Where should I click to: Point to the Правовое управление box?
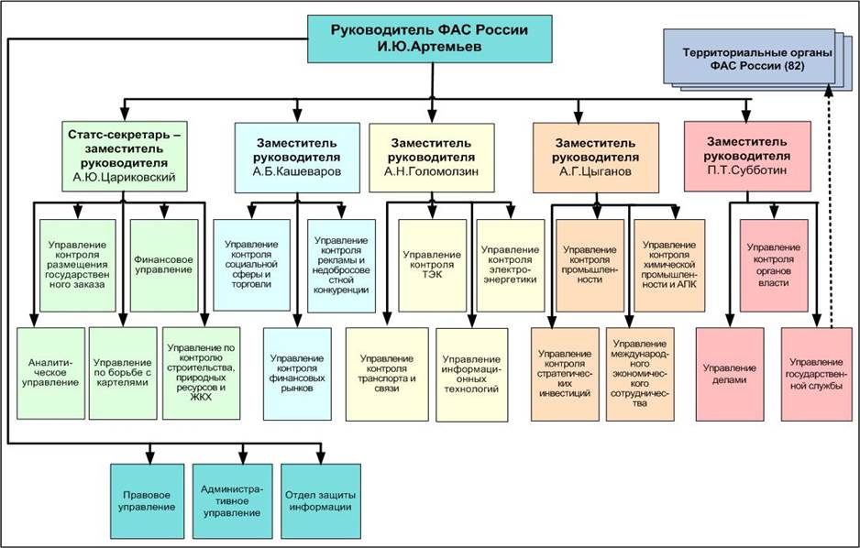pos(149,500)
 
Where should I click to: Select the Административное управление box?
pos(231,500)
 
